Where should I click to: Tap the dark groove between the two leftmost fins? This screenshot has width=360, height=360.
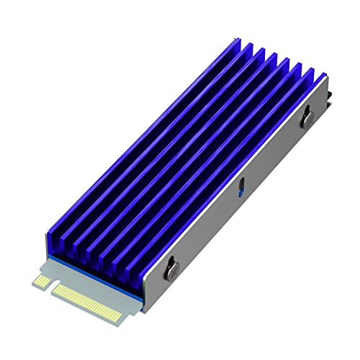pos(144,144)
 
